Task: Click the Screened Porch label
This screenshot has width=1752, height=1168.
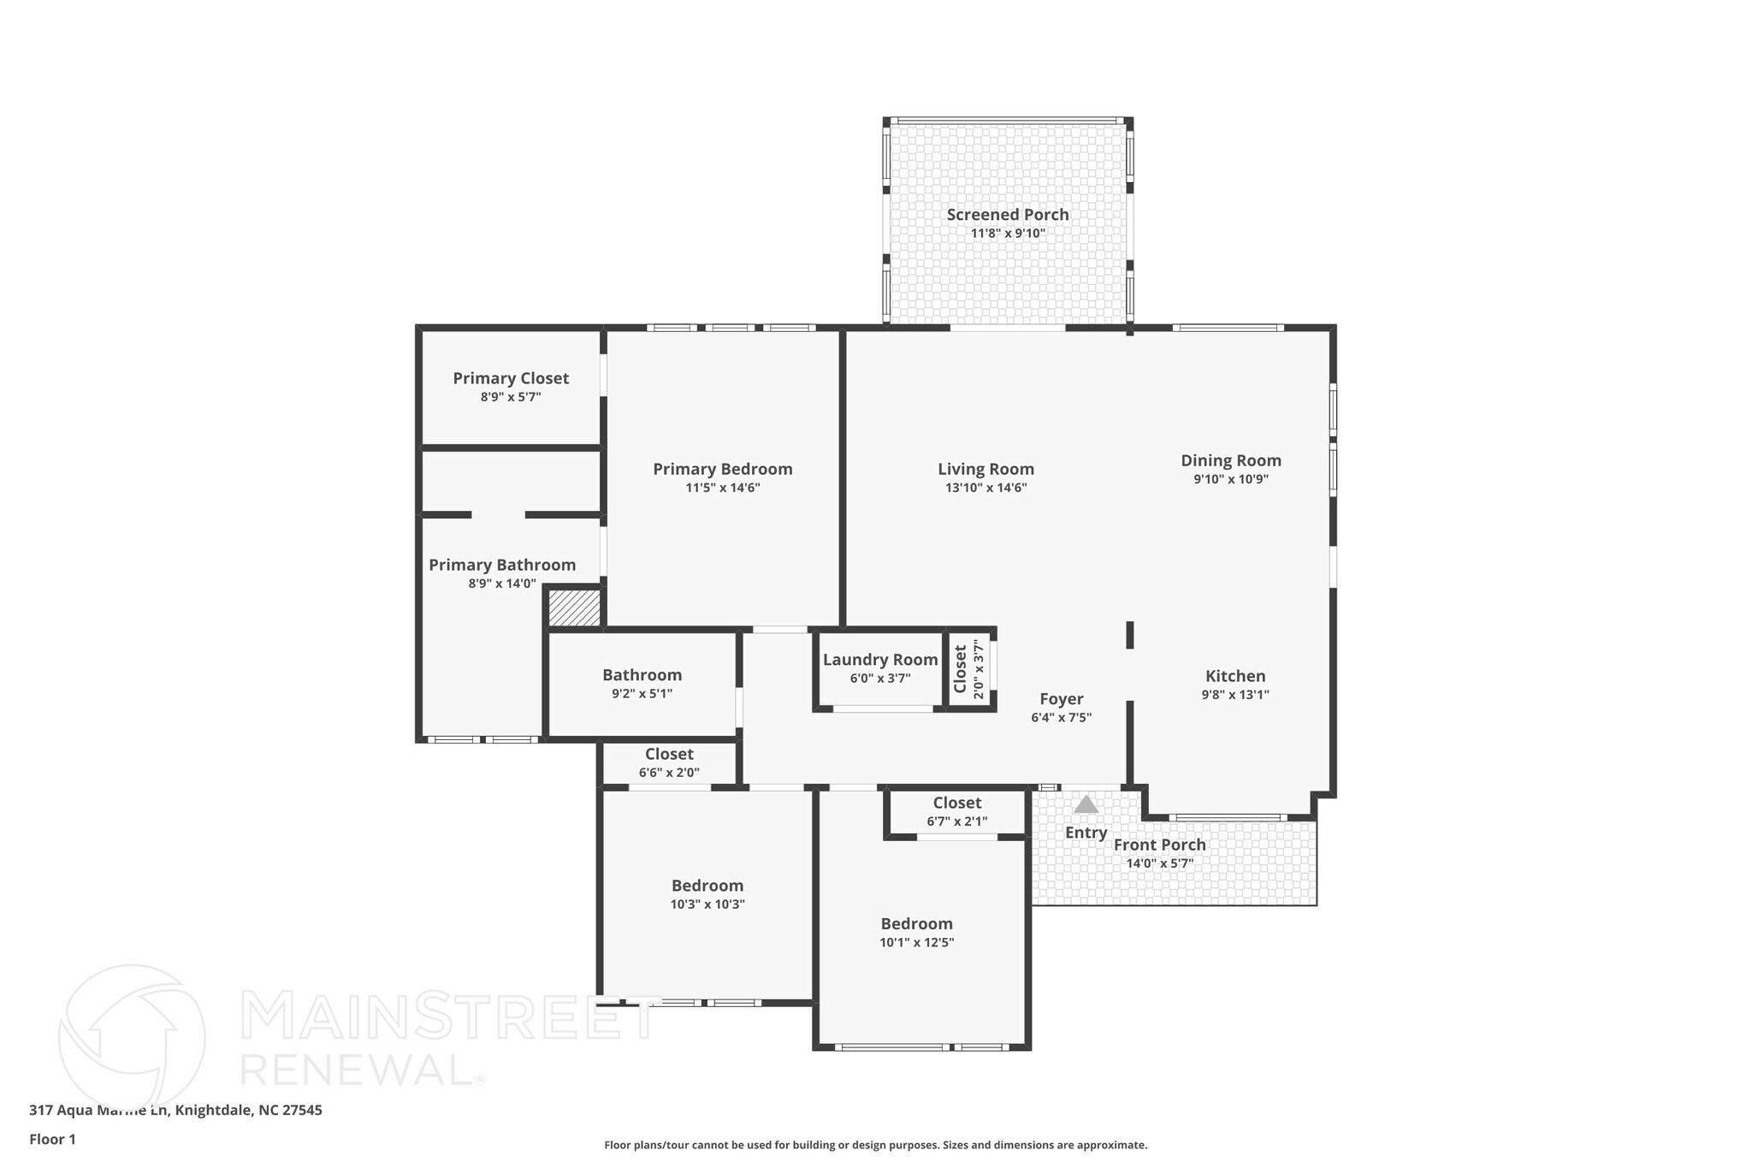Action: (1007, 215)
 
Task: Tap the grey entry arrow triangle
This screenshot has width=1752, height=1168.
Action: (1086, 805)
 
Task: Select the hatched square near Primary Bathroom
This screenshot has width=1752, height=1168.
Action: (574, 608)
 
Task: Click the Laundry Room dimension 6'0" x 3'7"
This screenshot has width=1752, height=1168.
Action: (879, 679)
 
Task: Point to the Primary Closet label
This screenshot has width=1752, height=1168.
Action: (511, 378)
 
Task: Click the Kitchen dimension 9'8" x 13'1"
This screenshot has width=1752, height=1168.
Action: (1234, 695)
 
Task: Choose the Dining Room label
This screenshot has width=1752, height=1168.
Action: (1230, 460)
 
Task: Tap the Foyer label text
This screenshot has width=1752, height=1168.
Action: (1061, 699)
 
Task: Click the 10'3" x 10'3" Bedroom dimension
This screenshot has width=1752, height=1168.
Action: (707, 904)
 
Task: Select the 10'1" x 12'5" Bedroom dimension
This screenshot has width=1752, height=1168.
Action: (916, 943)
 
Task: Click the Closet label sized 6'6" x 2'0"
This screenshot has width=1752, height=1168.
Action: (669, 754)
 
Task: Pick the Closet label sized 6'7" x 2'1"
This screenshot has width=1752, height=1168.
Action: (956, 803)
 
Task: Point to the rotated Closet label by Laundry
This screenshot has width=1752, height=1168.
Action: (960, 669)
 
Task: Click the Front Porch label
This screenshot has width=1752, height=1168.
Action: (1159, 845)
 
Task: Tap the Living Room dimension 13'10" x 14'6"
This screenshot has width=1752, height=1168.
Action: (985, 489)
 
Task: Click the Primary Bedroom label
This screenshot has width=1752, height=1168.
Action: (722, 469)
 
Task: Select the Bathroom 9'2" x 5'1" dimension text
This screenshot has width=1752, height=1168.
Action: (642, 694)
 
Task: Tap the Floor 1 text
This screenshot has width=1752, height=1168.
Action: (52, 1140)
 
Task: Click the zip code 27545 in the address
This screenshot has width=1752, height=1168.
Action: (302, 1111)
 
